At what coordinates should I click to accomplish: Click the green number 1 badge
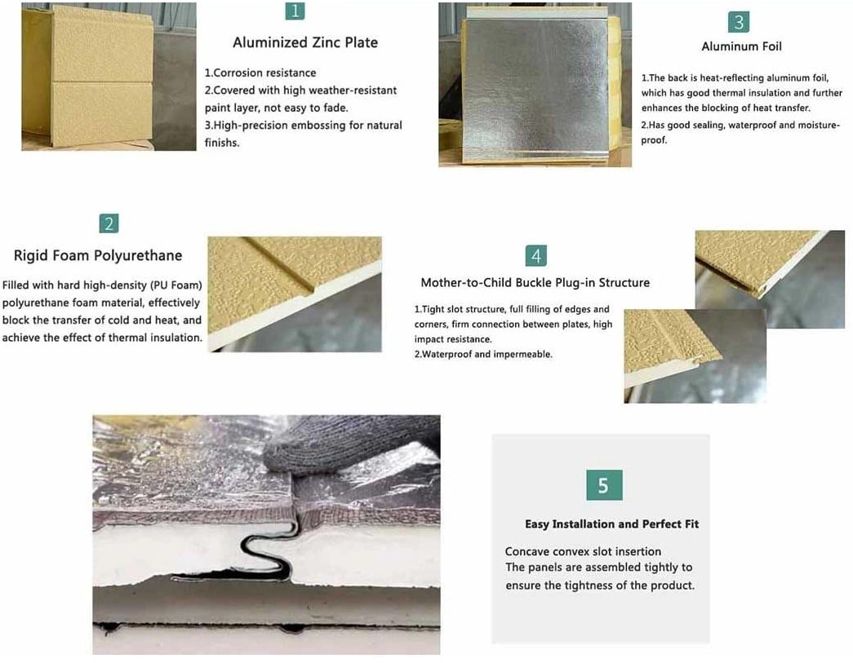(x=295, y=11)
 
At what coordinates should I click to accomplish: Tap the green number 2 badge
(x=109, y=223)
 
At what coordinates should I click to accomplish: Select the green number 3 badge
(x=739, y=22)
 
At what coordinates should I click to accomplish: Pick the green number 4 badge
(x=536, y=256)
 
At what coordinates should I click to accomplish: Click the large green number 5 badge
(x=604, y=485)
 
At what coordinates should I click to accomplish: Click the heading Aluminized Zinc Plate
(x=305, y=42)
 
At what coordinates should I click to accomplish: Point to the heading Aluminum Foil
(x=741, y=46)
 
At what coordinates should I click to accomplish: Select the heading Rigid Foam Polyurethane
(x=98, y=255)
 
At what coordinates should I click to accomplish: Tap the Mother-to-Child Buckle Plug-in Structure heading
(x=535, y=283)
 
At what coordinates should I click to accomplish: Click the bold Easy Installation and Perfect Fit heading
(x=612, y=524)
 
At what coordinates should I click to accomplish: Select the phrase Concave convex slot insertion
(x=583, y=551)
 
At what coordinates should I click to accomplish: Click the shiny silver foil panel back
(x=535, y=87)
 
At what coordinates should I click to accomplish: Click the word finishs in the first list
(x=222, y=143)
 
